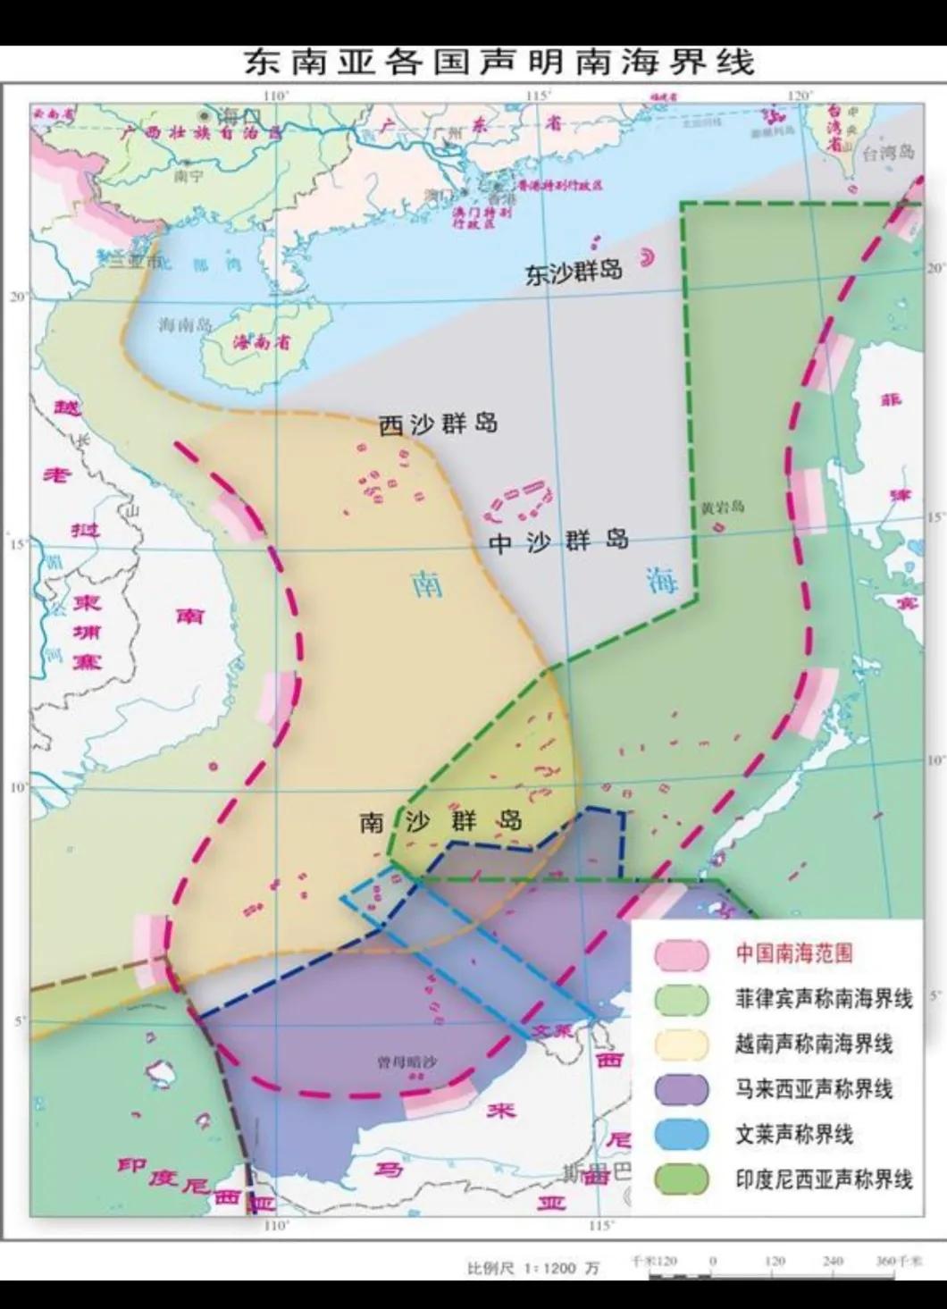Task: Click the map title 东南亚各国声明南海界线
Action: coord(499,62)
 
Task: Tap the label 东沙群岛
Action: coord(573,273)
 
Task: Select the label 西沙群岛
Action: coord(438,424)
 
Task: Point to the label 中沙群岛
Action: coord(559,540)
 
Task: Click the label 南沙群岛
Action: coord(441,820)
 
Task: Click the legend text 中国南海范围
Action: coord(793,953)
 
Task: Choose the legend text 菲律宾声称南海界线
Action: coord(824,998)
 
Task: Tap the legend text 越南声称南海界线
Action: coord(814,1044)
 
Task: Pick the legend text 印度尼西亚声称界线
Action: coord(824,1179)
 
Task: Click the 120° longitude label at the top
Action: coord(798,96)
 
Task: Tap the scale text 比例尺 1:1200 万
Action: coord(534,1267)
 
